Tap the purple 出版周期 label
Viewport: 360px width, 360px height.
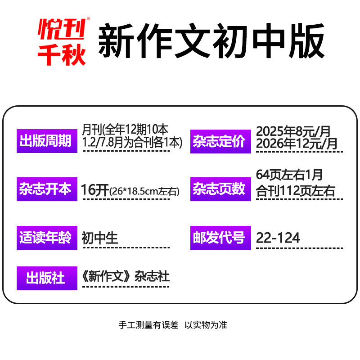coord(46,141)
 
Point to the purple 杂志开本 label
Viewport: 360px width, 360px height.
coord(46,189)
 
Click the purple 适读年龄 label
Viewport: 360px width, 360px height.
coord(46,237)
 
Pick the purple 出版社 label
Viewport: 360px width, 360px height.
coord(46,278)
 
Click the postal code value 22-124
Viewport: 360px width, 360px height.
coord(278,238)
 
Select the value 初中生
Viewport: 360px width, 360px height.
coord(100,238)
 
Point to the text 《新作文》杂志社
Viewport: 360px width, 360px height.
coord(126,276)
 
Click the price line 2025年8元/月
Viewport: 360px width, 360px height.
coord(293,131)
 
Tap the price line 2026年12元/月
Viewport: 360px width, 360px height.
coord(297,144)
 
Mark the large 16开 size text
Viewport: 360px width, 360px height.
coord(95,190)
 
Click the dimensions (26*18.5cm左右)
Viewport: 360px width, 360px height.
coord(144,192)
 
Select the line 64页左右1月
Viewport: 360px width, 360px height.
coord(289,175)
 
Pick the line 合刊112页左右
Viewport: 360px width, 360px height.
coord(296,191)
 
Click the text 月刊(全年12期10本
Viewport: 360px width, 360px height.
coord(126,130)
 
